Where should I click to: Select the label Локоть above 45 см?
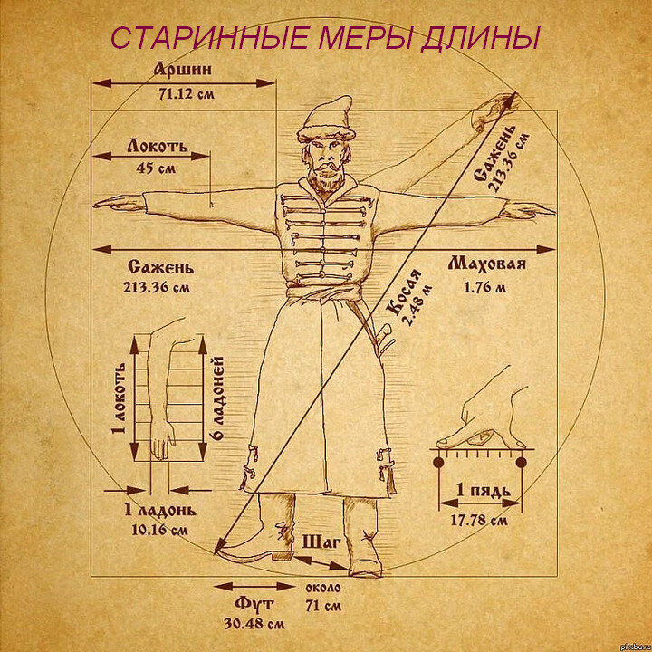[157, 145]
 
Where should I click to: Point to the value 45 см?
[157, 168]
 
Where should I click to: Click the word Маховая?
[487, 265]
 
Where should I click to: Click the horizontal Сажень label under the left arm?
[160, 268]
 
